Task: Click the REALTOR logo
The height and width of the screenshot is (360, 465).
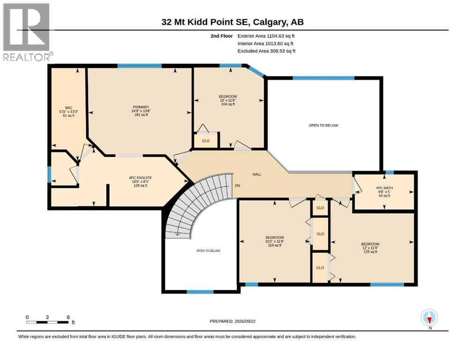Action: (28, 32)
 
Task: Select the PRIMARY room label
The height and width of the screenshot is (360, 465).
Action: (141, 111)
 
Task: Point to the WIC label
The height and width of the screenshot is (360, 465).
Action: (68, 112)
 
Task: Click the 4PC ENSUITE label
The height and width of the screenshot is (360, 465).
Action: (140, 181)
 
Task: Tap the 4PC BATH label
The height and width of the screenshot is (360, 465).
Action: (384, 192)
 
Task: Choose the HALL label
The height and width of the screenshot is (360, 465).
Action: (257, 174)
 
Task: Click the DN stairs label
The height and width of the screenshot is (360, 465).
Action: (237, 186)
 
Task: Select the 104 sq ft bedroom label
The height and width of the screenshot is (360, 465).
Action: (228, 100)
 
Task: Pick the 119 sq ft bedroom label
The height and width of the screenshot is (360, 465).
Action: (274, 241)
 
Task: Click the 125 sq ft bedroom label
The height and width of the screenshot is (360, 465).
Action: (370, 248)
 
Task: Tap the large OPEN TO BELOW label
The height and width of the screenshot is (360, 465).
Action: (323, 126)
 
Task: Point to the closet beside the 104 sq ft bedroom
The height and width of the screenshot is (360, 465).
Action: (206, 140)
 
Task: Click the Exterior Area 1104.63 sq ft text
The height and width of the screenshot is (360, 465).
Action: (266, 36)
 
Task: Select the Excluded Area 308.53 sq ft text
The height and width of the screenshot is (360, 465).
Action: (266, 51)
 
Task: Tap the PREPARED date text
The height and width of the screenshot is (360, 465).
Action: (232, 321)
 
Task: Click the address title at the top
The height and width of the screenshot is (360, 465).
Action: (232, 22)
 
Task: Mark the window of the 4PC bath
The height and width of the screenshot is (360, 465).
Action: (390, 172)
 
